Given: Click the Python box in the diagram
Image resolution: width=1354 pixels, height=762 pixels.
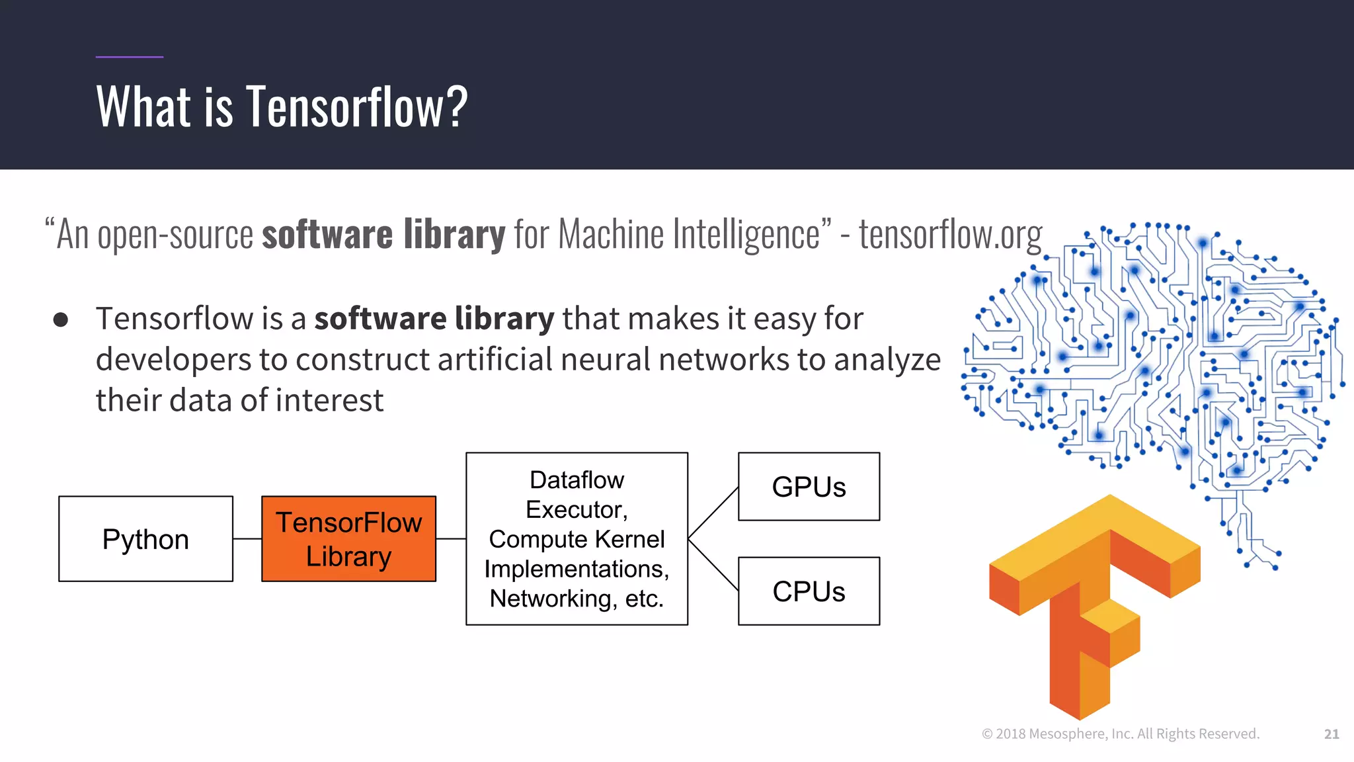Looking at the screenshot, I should point(145,539).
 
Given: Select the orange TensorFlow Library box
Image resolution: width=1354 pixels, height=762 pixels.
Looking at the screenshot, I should point(348,539).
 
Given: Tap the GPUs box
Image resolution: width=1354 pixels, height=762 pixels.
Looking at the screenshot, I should point(809,487).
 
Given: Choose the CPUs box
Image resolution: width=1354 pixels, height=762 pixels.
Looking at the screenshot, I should point(809,591).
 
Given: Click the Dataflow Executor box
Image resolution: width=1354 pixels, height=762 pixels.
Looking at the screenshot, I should point(577,539).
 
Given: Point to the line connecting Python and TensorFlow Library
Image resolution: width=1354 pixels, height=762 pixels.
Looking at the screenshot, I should point(247,539).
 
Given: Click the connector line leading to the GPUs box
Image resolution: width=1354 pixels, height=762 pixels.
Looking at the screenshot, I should point(713,513).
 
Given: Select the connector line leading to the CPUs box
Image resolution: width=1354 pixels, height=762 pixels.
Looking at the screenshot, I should point(713,565).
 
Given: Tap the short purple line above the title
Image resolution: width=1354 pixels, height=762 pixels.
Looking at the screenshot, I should point(130,57).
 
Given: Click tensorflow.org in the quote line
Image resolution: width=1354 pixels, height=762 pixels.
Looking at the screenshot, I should point(950,234).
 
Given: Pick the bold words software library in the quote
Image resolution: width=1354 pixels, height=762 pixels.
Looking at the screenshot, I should point(383,234).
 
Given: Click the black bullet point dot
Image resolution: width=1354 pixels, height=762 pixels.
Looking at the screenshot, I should point(61,320).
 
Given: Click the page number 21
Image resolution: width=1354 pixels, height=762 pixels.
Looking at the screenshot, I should point(1332,734).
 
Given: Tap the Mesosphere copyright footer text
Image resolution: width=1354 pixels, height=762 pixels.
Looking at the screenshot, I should point(1121,734).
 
